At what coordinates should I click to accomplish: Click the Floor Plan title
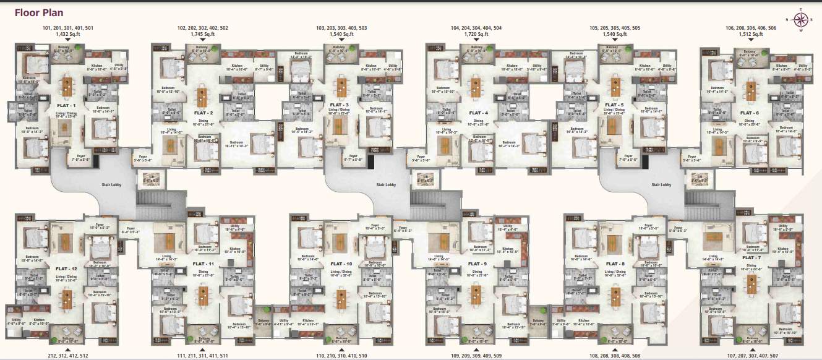coord(39,12)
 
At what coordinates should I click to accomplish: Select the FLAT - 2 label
coord(203,113)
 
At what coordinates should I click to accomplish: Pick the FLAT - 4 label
coord(477,113)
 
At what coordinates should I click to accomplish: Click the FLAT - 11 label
coord(203,264)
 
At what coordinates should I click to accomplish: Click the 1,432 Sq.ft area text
coord(67,34)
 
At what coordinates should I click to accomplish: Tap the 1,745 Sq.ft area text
coord(202,34)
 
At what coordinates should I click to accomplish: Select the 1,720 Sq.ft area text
coord(477,34)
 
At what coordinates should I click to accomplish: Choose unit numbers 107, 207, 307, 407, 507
coord(751,355)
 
